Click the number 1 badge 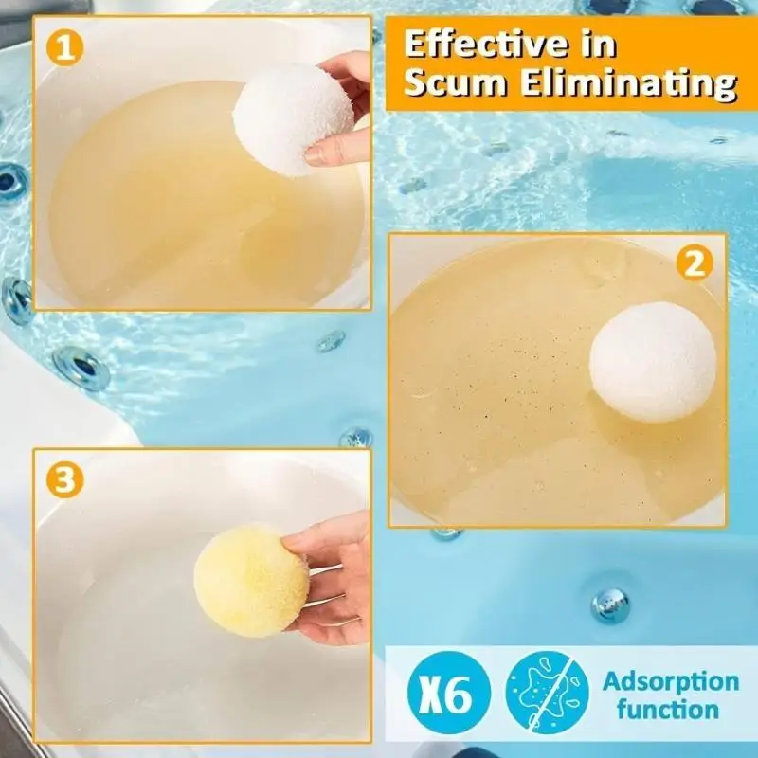[63, 50]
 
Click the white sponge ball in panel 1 [293, 118]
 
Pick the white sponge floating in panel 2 [652, 362]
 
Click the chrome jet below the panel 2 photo [610, 604]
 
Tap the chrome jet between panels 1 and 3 [81, 367]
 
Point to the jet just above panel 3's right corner [357, 437]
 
